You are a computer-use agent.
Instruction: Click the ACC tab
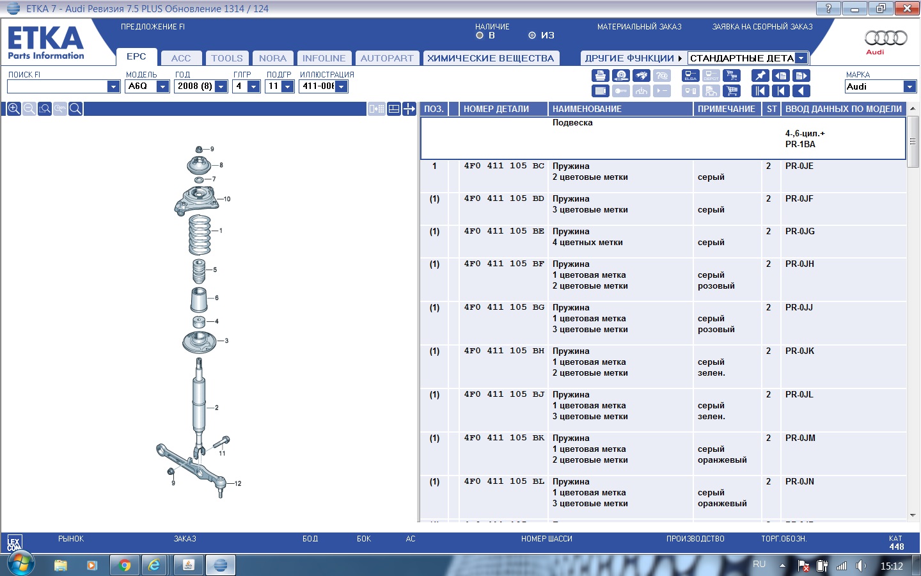click(x=181, y=58)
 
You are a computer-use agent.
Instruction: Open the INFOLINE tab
click(x=324, y=58)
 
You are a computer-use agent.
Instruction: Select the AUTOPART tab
click(x=387, y=58)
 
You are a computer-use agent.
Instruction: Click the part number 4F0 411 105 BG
click(x=504, y=307)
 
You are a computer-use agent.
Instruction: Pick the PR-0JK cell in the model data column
click(x=799, y=351)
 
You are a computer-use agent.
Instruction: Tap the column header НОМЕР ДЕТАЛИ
click(x=496, y=109)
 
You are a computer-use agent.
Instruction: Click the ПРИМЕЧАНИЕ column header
click(x=727, y=109)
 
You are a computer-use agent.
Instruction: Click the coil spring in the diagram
click(x=200, y=236)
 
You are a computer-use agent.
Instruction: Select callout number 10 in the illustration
click(x=227, y=198)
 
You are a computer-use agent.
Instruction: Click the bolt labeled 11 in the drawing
click(x=221, y=442)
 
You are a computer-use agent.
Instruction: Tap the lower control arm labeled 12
click(x=192, y=469)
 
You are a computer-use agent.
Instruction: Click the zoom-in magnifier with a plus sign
click(x=13, y=109)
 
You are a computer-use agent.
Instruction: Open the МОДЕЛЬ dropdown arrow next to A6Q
click(x=163, y=86)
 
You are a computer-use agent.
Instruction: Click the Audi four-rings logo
click(x=886, y=38)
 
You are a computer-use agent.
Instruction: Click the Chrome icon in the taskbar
click(x=125, y=565)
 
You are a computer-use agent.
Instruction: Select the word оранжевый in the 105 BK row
click(x=722, y=460)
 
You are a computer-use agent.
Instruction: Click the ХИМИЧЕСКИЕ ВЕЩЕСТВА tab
click(x=491, y=58)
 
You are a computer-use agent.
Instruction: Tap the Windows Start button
click(x=20, y=564)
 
